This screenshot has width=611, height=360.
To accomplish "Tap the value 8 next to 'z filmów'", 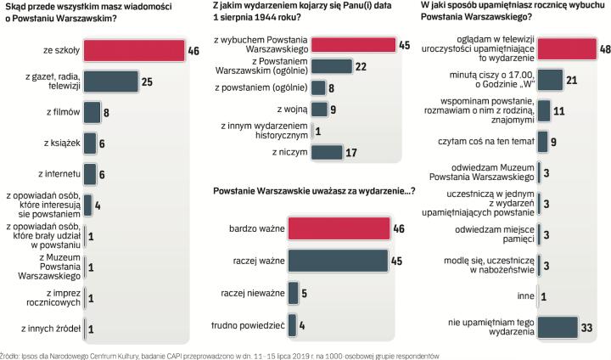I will [x=106, y=112].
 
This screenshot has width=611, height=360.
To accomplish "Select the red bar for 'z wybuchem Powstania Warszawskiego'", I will [x=353, y=45].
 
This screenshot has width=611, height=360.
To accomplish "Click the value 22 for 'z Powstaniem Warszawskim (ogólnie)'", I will [x=362, y=66].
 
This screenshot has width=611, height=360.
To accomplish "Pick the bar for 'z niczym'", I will [x=327, y=152].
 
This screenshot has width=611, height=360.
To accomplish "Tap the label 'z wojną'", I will [x=291, y=109].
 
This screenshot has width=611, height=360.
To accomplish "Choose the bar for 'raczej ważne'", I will [x=338, y=260].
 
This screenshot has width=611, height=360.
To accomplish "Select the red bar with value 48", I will [x=568, y=49].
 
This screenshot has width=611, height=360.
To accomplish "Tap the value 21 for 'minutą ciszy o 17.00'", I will [x=572, y=80].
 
